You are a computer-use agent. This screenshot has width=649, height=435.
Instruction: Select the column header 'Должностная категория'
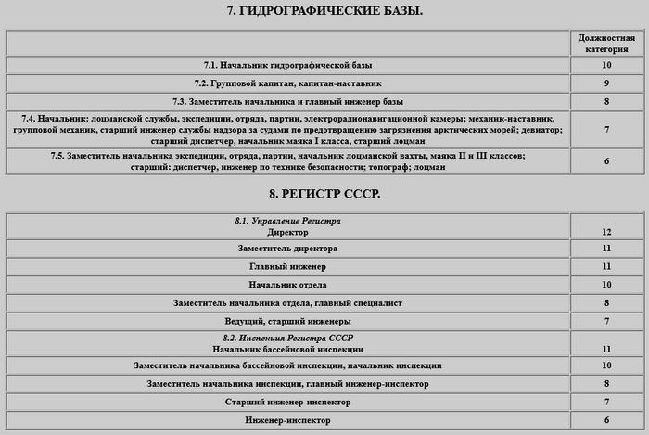[606, 43]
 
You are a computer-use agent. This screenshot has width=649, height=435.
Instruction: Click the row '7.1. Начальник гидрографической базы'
[287, 66]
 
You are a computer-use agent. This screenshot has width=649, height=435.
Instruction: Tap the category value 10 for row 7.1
[606, 66]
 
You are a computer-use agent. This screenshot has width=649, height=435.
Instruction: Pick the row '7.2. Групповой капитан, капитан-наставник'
[287, 83]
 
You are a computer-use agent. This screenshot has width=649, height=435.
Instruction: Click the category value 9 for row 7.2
[606, 83]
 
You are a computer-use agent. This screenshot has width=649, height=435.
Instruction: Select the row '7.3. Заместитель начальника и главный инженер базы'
[287, 101]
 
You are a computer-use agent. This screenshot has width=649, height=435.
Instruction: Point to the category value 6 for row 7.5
[606, 161]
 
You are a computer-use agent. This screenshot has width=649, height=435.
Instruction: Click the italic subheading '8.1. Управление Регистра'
[287, 222]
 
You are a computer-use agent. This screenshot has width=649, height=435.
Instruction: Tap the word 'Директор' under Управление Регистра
[287, 232]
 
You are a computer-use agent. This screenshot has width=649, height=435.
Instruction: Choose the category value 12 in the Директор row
[606, 232]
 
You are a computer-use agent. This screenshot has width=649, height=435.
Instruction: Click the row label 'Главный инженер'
[287, 267]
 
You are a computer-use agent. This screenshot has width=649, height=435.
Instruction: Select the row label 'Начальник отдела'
[287, 285]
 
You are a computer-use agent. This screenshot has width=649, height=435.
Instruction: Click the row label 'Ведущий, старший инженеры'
[287, 321]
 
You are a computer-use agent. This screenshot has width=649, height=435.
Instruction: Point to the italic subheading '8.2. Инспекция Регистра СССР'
[287, 339]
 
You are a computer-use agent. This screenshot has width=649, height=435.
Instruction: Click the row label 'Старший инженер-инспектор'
[287, 403]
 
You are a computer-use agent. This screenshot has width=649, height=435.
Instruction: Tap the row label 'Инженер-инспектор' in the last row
[287, 421]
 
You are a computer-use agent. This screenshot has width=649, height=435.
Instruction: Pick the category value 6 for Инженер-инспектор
[606, 421]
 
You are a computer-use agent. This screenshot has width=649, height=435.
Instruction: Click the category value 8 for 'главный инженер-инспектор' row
[606, 384]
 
